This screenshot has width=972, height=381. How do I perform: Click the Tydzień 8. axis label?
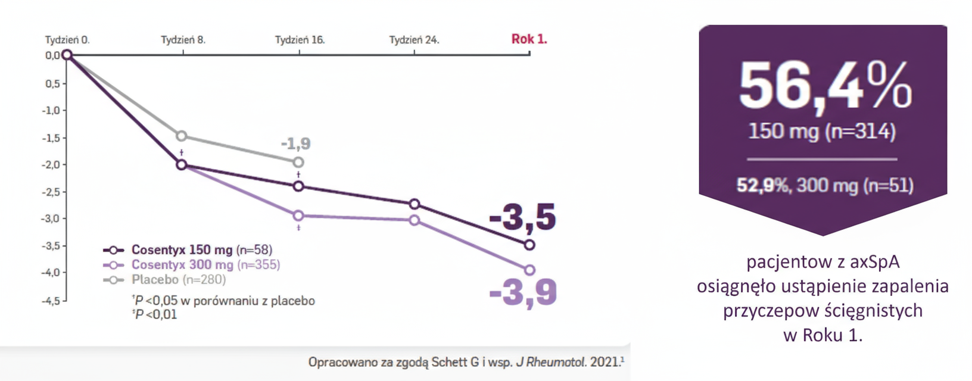pyautogui.click(x=183, y=40)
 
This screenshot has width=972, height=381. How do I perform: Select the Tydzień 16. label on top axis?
pyautogui.click(x=300, y=40)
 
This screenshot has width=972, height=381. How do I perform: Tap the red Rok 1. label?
pyautogui.click(x=529, y=39)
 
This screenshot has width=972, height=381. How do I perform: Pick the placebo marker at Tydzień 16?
pyautogui.click(x=298, y=162)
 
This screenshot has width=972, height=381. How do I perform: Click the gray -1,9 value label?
pyautogui.click(x=295, y=143)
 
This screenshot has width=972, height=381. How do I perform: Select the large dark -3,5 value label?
pyautogui.click(x=522, y=217)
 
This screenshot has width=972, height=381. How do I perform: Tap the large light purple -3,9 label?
pyautogui.click(x=522, y=292)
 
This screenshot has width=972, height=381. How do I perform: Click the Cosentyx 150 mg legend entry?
pyautogui.click(x=188, y=250)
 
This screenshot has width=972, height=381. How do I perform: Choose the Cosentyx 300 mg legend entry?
pyautogui.click(x=191, y=265)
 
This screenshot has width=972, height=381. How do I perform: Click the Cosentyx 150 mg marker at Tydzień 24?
pyautogui.click(x=415, y=204)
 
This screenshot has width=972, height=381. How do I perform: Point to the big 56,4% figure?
pyautogui.click(x=824, y=87)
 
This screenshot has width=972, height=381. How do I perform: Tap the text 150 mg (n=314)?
pyautogui.click(x=822, y=131)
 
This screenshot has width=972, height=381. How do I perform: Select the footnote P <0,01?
pyautogui.click(x=156, y=314)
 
